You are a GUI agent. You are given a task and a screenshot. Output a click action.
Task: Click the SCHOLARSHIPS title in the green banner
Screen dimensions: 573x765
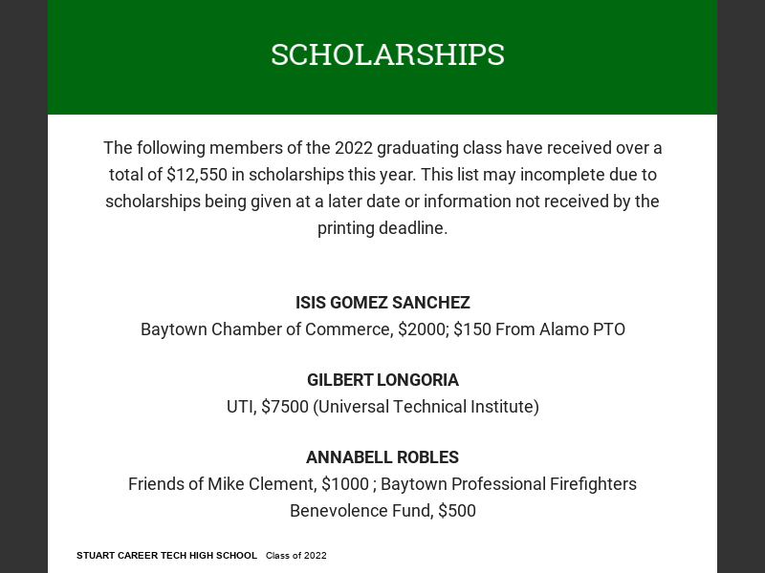(x=387, y=55)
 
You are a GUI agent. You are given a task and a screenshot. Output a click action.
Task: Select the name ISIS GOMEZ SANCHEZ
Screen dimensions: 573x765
(x=382, y=303)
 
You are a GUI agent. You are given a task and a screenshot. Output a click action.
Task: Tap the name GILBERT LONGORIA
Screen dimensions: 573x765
(x=382, y=380)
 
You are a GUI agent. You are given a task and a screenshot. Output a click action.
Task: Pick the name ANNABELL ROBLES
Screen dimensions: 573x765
(x=382, y=457)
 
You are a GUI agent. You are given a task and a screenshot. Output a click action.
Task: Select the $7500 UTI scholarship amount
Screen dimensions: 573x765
(x=284, y=407)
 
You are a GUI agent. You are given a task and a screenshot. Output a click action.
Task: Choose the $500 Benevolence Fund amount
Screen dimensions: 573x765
(x=456, y=511)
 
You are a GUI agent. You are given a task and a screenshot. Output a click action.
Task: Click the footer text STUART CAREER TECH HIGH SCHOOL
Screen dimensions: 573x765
(x=166, y=556)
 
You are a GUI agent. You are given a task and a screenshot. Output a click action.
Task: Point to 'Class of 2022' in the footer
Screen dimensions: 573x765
(x=296, y=556)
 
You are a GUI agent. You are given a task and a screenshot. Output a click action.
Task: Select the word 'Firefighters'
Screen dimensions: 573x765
(x=584, y=484)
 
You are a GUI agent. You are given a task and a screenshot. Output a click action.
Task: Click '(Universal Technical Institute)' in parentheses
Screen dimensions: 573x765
(x=426, y=407)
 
